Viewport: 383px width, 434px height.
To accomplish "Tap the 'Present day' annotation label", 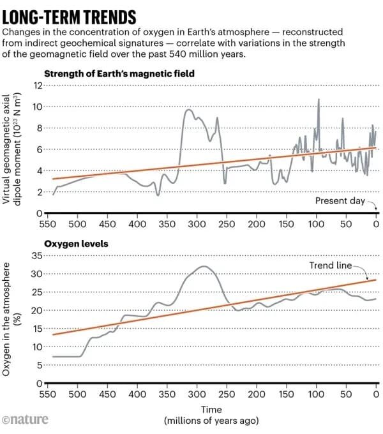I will click(340, 200).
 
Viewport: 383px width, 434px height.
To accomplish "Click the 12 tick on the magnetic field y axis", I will click(38, 86).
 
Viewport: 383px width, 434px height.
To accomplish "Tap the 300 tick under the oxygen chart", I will click(197, 395).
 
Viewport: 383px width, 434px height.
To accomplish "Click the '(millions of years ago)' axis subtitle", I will click(211, 421).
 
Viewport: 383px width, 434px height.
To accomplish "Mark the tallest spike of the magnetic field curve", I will click(319, 100).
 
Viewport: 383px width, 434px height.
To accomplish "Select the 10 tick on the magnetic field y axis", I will click(38, 107).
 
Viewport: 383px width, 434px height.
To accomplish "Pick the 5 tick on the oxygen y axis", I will click(38, 365).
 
